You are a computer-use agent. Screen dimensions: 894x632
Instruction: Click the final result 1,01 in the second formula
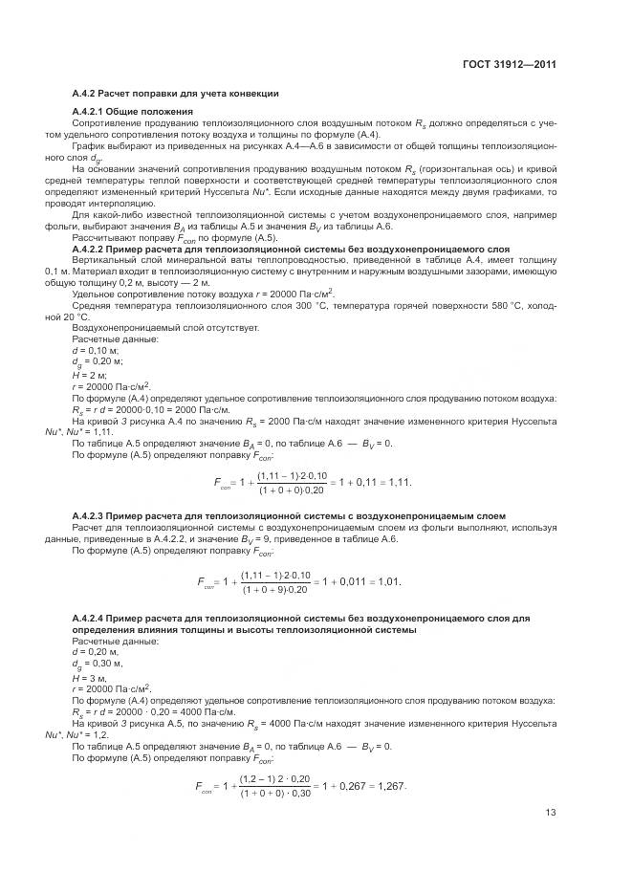[386, 581]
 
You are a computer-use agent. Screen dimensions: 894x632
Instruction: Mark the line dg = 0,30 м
[98, 665]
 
